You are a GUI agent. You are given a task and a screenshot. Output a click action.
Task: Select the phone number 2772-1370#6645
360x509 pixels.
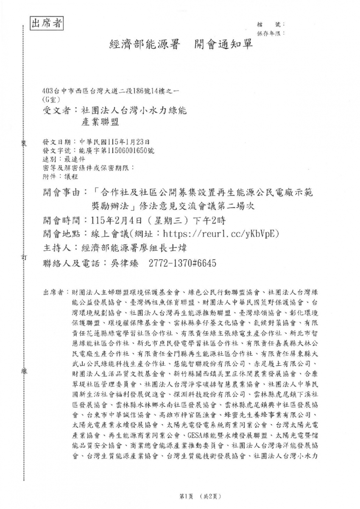click(182, 263)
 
